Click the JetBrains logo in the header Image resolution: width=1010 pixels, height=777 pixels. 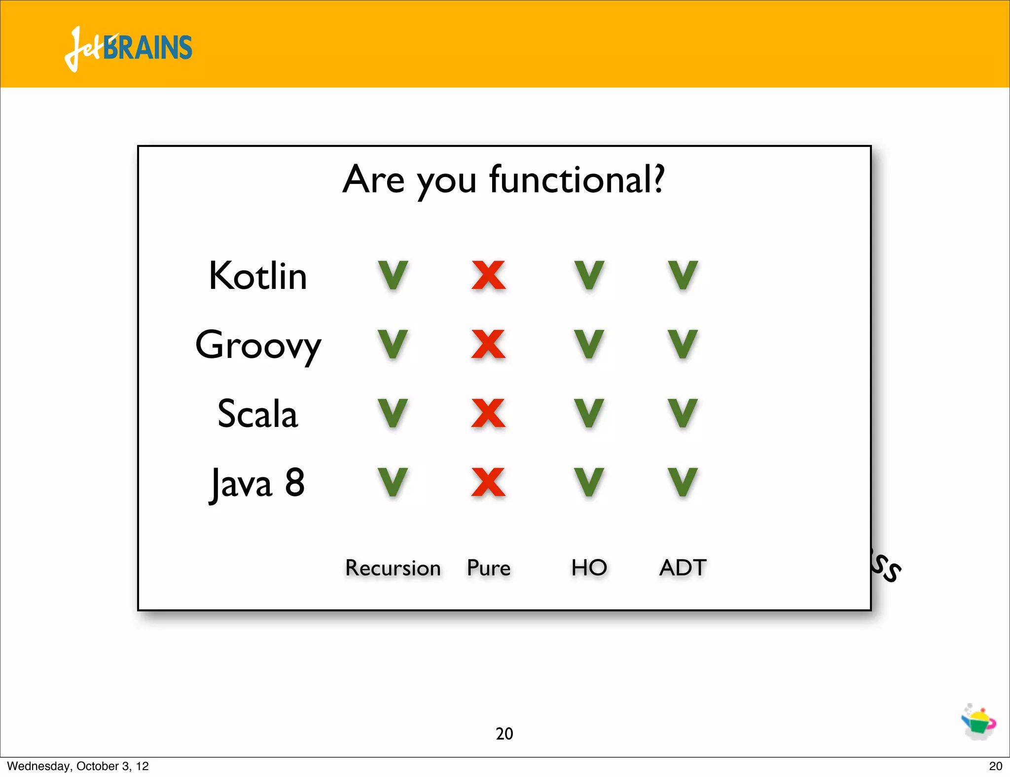[128, 48]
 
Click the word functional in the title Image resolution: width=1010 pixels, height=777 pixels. [576, 180]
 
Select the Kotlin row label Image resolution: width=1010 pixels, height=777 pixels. [257, 276]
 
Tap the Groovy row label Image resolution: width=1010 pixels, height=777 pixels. [257, 345]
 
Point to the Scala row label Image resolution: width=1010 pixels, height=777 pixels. [257, 414]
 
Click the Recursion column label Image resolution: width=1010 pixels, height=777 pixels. [393, 568]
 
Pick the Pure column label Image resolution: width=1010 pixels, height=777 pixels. [488, 568]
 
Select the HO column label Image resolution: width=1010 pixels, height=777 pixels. [589, 567]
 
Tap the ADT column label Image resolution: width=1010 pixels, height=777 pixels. [683, 567]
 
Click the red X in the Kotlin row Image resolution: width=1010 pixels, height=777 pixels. [488, 275]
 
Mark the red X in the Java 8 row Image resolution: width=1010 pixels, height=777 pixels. [488, 482]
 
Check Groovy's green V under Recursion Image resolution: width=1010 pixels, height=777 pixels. [393, 344]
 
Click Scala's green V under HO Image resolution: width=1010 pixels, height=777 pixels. [589, 413]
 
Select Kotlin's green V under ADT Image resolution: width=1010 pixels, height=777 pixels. [683, 275]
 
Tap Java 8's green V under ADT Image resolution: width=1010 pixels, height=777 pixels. [683, 482]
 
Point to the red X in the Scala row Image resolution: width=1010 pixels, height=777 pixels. [488, 413]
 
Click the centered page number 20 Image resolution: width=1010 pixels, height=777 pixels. [504, 734]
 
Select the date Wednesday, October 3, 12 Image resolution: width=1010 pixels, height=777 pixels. [78, 766]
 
